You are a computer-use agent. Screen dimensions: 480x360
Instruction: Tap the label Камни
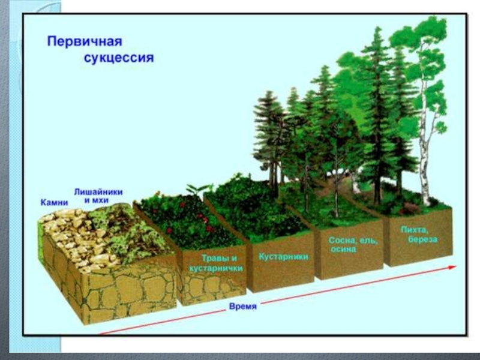click(54, 202)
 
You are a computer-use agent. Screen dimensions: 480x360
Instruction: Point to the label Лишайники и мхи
click(98, 196)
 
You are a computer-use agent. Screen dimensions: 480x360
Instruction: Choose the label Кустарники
click(283, 256)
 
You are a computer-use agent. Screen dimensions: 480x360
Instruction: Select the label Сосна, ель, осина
click(353, 244)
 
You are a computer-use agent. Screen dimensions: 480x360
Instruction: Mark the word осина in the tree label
click(353, 249)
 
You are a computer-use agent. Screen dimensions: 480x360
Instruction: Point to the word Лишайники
click(98, 191)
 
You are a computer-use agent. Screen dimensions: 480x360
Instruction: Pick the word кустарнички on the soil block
click(215, 269)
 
